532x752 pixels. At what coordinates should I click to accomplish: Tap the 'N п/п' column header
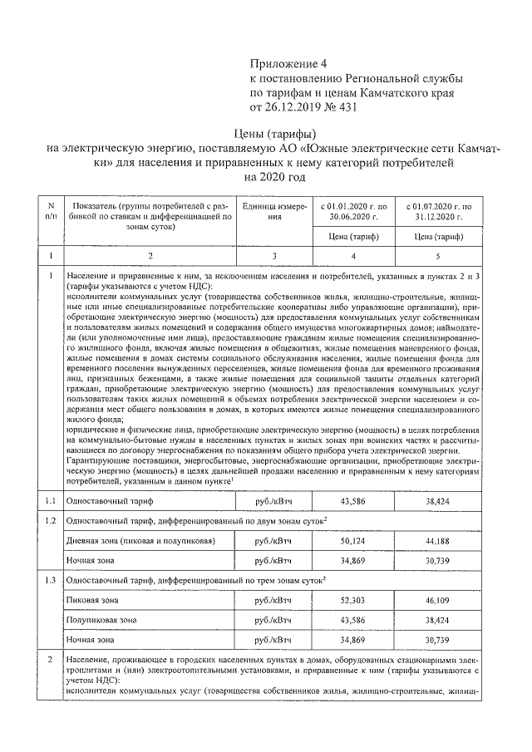point(51,210)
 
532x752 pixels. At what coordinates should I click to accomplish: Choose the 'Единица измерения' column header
point(264,210)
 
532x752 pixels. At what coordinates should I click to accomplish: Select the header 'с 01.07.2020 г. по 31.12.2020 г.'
point(438,210)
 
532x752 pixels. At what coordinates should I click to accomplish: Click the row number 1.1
point(51,502)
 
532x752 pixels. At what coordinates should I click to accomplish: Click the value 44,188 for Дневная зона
point(438,541)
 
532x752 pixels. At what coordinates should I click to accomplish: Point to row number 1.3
point(51,579)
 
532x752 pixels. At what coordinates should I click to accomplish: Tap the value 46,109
point(438,599)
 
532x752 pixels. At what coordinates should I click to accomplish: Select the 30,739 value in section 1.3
point(438,641)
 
